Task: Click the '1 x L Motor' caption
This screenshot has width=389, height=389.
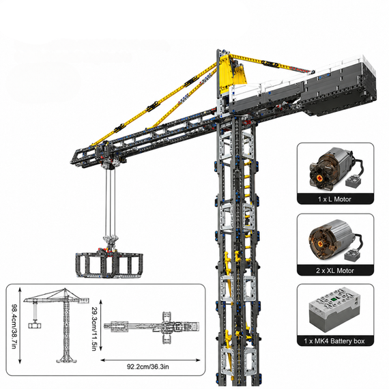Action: pyautogui.click(x=334, y=199)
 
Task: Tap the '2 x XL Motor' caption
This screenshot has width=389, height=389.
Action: pyautogui.click(x=335, y=270)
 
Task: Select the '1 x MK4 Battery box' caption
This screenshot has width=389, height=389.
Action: pyautogui.click(x=334, y=341)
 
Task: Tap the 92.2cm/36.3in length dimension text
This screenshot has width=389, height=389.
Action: pyautogui.click(x=148, y=366)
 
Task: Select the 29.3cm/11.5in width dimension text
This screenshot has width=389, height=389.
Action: pyautogui.click(x=94, y=329)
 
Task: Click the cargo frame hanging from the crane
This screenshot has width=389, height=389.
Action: pyautogui.click(x=109, y=265)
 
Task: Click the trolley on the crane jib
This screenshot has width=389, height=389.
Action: pyautogui.click(x=106, y=154)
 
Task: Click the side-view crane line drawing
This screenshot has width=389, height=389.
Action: pyautogui.click(x=57, y=325)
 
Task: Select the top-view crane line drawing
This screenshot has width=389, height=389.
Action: pyautogui.click(x=152, y=328)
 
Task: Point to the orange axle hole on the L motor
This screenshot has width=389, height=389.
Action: pyautogui.click(x=319, y=177)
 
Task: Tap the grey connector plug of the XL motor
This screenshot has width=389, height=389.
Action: pyautogui.click(x=351, y=255)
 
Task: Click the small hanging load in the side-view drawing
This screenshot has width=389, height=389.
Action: pyautogui.click(x=35, y=326)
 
